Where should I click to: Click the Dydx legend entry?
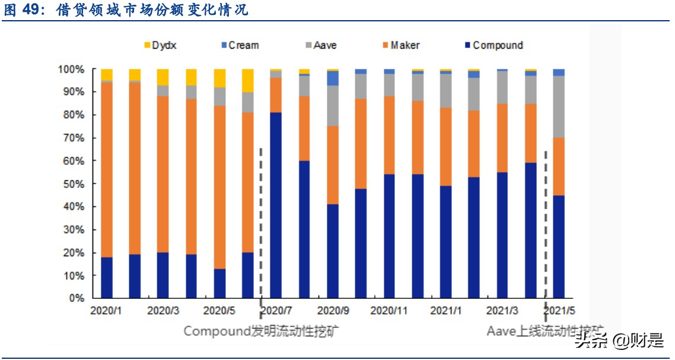(160, 45)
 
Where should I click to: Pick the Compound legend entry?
(492, 45)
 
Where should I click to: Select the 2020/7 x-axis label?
(276, 310)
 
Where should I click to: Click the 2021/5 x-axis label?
(559, 310)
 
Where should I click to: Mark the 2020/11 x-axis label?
(389, 310)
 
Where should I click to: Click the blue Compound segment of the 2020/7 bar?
(276, 205)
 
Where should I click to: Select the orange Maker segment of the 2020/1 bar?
(107, 170)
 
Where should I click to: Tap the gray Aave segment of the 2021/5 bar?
(559, 107)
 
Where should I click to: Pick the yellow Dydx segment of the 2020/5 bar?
(219, 78)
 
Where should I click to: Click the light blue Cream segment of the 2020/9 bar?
(333, 78)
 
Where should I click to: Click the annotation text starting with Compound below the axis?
(262, 330)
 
